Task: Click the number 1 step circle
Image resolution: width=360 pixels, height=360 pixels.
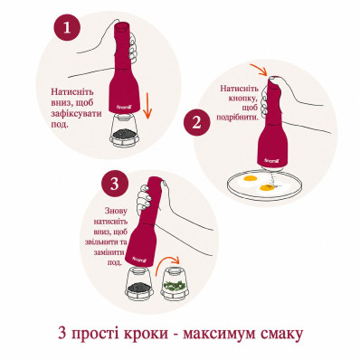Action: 67,29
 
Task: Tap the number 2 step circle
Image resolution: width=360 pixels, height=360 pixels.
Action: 196,123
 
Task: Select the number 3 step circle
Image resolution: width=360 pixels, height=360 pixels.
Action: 115,185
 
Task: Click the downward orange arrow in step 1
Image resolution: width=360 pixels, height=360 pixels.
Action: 147,106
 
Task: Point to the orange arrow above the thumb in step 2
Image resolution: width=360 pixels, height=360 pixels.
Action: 259,70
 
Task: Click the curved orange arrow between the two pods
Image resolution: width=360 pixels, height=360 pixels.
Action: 167,264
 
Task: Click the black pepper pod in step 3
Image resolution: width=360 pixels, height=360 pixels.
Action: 139,284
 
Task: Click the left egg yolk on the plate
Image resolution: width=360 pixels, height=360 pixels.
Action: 250,178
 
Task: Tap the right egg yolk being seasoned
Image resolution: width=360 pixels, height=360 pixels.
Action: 267,188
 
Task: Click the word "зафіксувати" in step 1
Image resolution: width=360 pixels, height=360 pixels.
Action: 76,114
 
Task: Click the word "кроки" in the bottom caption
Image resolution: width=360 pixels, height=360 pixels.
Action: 147,335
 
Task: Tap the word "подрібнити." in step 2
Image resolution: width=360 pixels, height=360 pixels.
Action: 238,117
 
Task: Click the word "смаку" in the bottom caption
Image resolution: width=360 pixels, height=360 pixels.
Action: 279,335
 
